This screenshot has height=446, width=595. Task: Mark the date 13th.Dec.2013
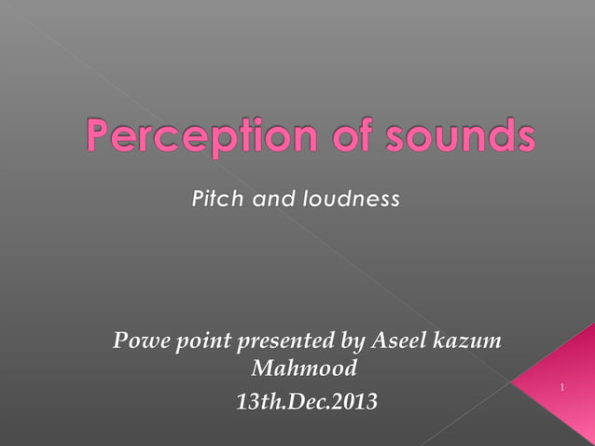(x=307, y=403)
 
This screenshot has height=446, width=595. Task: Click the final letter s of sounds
(x=525, y=139)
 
